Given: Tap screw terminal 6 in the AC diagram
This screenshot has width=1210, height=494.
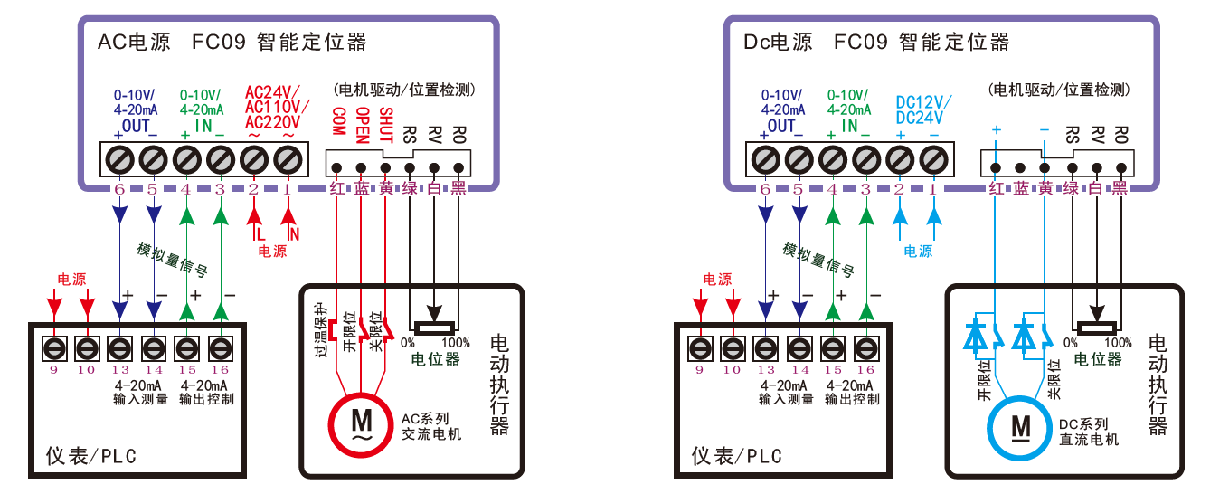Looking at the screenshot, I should click(119, 161).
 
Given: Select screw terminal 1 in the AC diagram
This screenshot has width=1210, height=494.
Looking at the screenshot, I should click(288, 161).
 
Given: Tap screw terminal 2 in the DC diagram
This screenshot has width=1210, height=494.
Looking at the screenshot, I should click(900, 161).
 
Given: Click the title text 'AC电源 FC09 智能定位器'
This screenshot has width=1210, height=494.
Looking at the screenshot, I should click(232, 42).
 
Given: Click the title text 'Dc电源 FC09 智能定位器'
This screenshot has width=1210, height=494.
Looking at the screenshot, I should click(876, 42).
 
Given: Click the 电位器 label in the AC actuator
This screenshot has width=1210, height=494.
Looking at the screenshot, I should click(435, 360).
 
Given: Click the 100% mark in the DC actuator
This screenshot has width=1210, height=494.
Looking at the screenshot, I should click(1118, 343).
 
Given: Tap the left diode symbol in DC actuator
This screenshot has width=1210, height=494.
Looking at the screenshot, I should click(975, 334).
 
